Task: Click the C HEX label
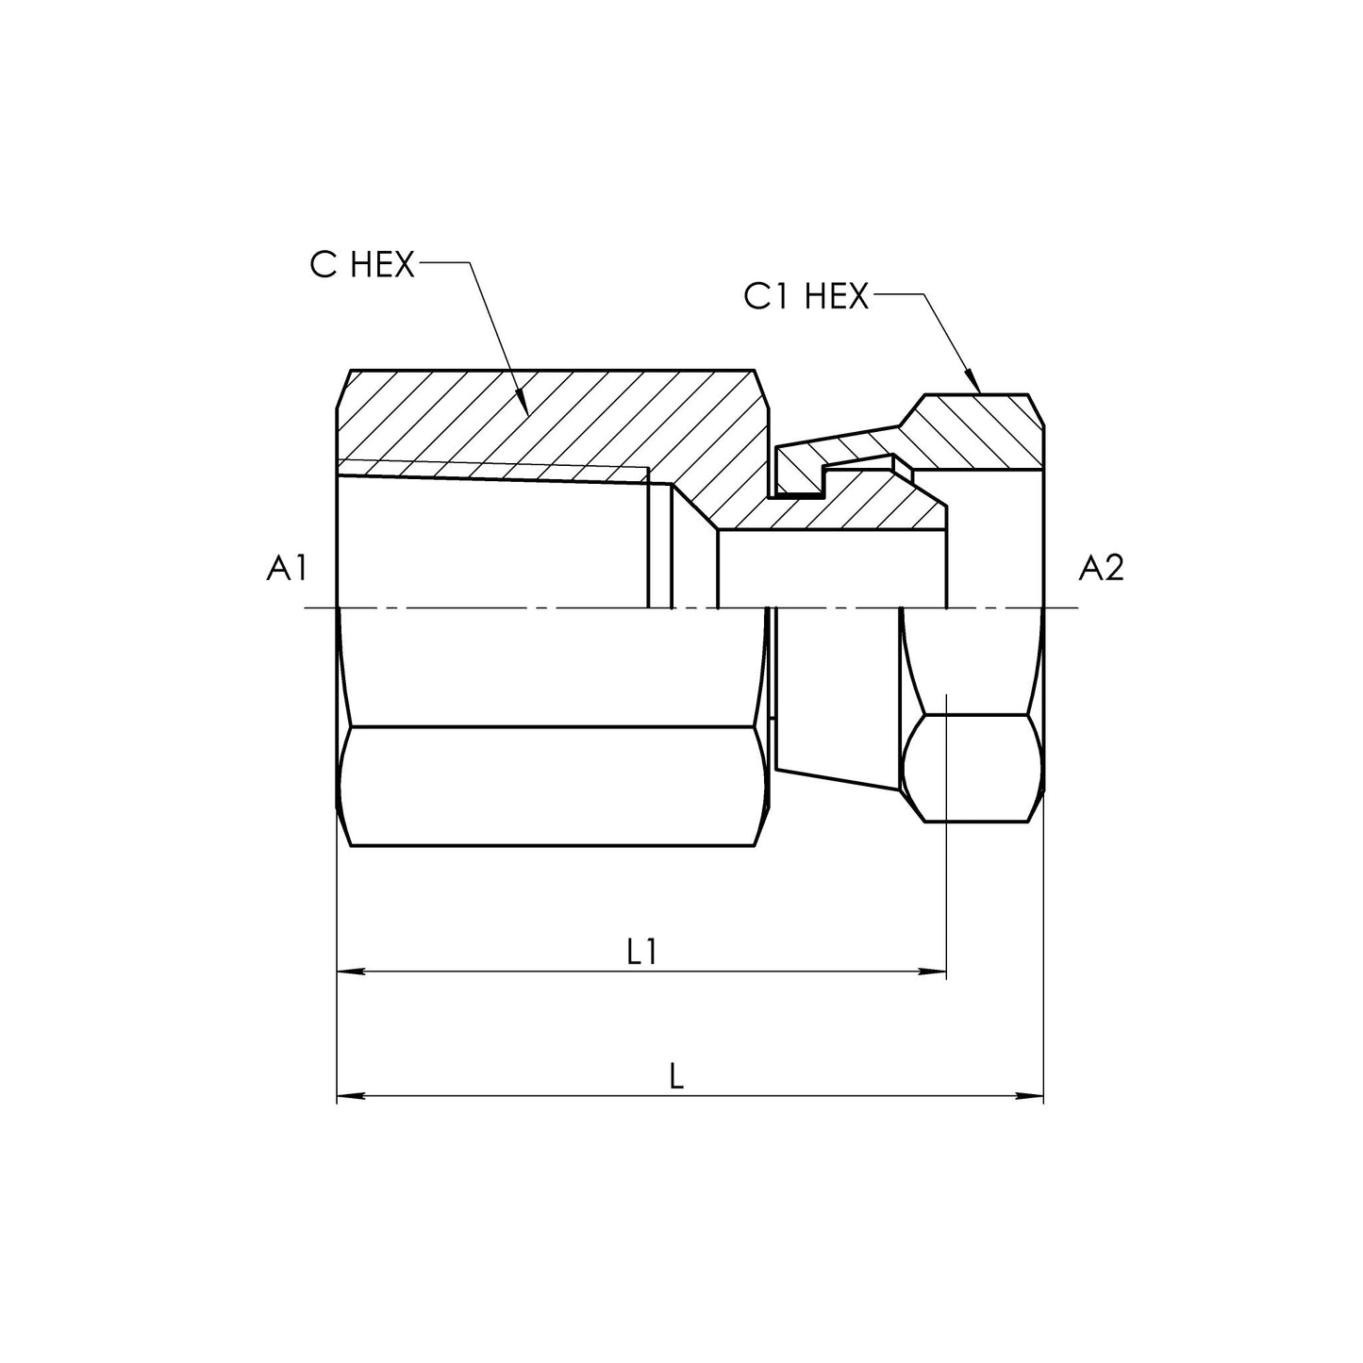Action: coord(362,265)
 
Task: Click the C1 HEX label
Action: coord(805,297)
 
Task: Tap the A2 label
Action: coord(1101,568)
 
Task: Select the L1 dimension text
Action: coord(641,953)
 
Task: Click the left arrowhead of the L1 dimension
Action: coord(347,970)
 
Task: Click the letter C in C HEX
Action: coord(324,265)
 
